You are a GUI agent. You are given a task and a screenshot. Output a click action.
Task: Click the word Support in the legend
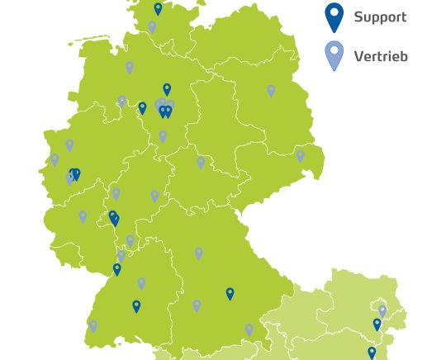[380, 17]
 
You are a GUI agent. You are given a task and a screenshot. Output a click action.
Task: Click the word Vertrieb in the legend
[380, 57]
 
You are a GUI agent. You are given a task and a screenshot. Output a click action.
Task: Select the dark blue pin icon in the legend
[334, 17]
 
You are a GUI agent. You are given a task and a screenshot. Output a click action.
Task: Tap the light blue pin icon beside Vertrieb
[334, 55]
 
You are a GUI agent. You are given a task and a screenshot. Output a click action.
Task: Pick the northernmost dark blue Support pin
[159, 9]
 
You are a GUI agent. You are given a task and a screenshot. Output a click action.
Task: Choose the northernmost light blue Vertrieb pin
[152, 27]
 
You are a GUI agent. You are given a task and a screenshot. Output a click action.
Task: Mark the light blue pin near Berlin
[271, 91]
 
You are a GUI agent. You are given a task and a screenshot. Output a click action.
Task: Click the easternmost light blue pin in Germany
[301, 155]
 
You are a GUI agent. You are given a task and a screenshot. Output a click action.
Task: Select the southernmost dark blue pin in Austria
[372, 353]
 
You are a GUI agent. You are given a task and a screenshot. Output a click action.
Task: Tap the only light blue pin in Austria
[382, 311]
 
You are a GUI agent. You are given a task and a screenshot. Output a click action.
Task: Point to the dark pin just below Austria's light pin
[377, 324]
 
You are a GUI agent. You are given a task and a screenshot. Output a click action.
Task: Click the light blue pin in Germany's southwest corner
[93, 326]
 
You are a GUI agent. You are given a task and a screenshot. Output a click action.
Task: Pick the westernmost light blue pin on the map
[55, 159]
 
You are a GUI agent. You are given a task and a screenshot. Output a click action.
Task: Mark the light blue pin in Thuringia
[201, 163]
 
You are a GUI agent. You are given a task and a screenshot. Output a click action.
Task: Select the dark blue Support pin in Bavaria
[230, 293]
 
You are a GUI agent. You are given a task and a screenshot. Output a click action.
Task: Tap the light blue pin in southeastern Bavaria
[249, 330]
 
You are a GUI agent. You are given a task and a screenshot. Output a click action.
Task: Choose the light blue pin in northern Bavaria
[199, 253]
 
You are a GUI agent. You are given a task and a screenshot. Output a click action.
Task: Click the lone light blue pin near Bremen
[130, 68]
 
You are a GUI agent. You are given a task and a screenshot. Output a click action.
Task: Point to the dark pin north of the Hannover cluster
[167, 89]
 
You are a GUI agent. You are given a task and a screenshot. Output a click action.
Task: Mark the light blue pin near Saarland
[83, 216]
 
